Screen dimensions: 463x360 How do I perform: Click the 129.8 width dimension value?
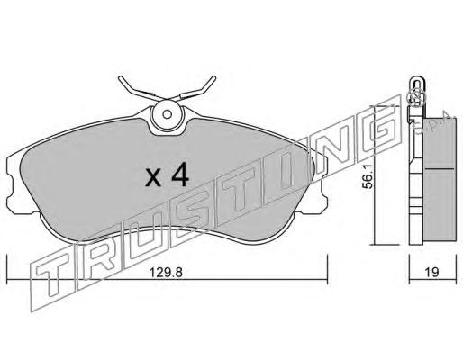pyautogui.click(x=166, y=273)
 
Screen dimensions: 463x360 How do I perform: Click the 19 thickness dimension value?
pyautogui.click(x=432, y=272)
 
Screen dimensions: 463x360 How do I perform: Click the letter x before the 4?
pyautogui.click(x=153, y=178)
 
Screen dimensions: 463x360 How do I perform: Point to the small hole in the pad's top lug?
pyautogui.click(x=168, y=114)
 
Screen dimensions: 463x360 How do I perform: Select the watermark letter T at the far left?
pyautogui.click(x=52, y=279)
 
